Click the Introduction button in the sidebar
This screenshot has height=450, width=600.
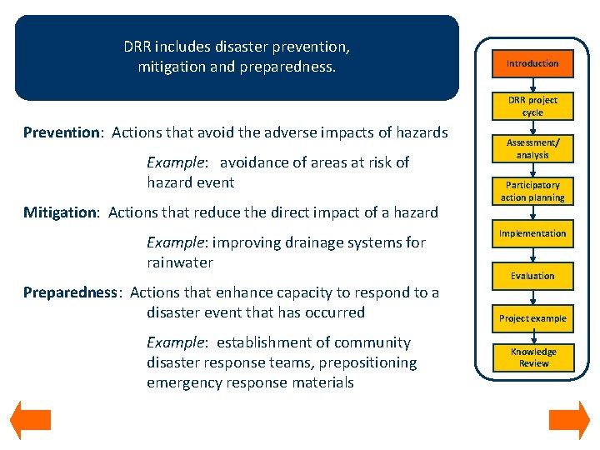tap(532, 63)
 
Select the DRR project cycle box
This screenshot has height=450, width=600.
tap(532, 106)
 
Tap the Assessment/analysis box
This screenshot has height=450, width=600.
tap(532, 148)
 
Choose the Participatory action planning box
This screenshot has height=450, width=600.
tap(532, 191)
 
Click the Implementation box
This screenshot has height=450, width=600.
tap(532, 233)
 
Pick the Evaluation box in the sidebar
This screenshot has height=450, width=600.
tap(532, 276)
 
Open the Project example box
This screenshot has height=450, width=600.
tap(532, 318)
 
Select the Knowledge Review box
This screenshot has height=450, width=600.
tap(532, 357)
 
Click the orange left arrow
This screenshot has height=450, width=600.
tap(30, 420)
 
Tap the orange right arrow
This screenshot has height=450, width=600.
tap(569, 420)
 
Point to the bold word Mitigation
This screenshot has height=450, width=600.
tap(60, 212)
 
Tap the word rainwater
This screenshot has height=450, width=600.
tap(180, 262)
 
